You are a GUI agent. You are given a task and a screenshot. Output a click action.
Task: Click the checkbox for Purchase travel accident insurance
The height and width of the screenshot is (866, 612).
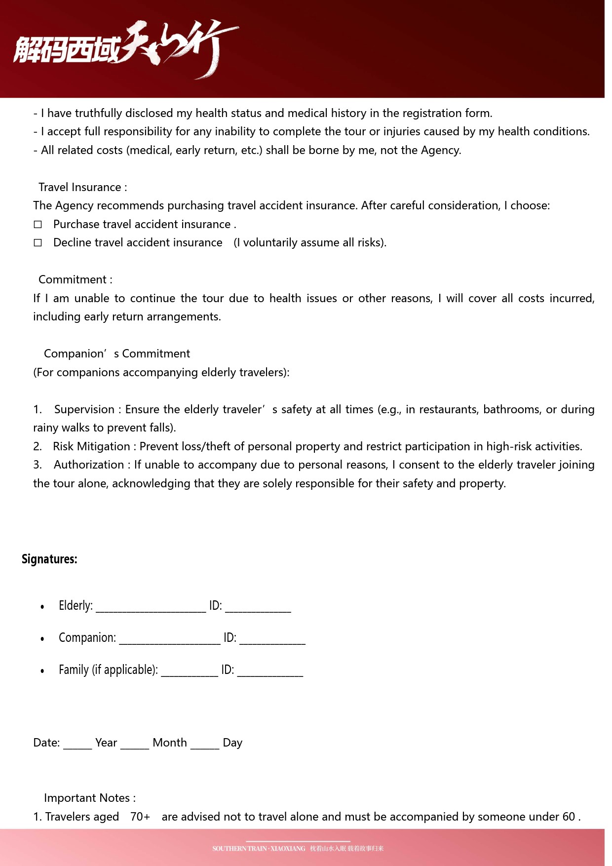click(x=38, y=225)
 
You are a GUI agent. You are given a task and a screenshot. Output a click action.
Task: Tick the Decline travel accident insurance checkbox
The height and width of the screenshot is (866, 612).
click(x=38, y=243)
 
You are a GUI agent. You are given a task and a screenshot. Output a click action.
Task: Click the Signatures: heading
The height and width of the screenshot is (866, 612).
click(x=49, y=559)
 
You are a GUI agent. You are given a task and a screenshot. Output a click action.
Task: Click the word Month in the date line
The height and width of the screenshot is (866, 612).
click(x=170, y=743)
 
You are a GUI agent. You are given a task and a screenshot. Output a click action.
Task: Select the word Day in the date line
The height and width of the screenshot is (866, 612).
click(x=232, y=743)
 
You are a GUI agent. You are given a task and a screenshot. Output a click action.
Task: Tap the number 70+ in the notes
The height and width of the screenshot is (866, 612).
click(x=140, y=817)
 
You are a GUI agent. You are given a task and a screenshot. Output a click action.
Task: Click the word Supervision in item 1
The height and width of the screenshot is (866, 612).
click(x=84, y=409)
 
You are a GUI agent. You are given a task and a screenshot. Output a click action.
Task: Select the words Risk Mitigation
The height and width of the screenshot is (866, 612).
click(x=92, y=446)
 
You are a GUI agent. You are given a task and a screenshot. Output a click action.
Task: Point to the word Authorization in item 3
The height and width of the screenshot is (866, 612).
click(x=89, y=465)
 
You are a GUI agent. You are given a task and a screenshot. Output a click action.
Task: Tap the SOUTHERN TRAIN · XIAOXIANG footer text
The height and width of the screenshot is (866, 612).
click(x=259, y=849)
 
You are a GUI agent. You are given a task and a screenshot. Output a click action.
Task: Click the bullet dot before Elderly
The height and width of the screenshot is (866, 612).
click(x=42, y=607)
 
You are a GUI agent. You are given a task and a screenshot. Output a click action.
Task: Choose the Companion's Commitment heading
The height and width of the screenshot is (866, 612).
click(x=116, y=354)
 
